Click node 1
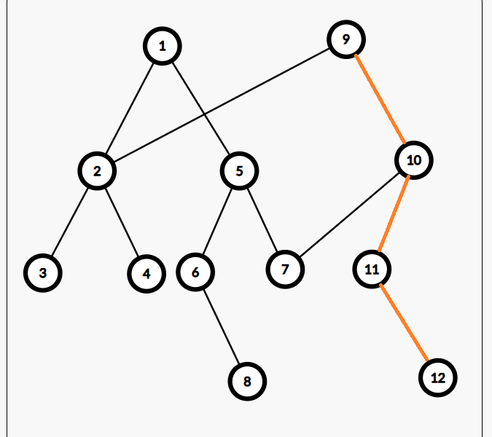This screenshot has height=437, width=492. coord(162,47)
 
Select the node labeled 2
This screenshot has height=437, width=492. coord(97,171)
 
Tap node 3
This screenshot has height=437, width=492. coord(42,273)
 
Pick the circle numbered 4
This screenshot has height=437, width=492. coord(147,274)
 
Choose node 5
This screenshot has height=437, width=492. coord(239,171)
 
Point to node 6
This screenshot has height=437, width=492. coord(195,272)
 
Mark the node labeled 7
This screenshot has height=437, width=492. coord(285,269)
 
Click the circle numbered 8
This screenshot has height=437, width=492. coord(246,381)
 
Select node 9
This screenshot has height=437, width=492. coord(345,39)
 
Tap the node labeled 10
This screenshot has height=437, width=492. coord(414,160)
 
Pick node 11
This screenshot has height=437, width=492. coord(372,269)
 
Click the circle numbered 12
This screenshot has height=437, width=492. coord(438,378)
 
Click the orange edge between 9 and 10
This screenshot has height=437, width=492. coord(380,99)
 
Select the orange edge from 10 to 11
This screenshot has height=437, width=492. coord(393,215)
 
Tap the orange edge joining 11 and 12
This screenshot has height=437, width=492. coord(405,323)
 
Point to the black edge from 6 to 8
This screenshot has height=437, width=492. coord(221,326)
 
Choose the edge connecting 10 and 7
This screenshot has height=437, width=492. coord(350,214)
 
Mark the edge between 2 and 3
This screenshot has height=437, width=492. coord(70,222)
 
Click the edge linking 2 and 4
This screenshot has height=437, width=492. coord(122,222)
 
